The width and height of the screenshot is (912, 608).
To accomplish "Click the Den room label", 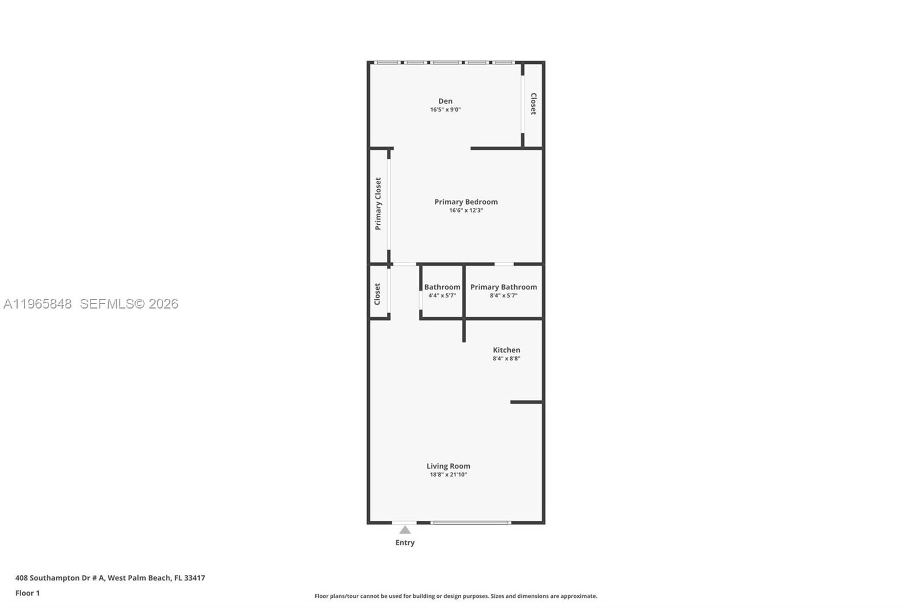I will pos(445,101).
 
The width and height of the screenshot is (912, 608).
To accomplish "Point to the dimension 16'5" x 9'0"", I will pos(445,110).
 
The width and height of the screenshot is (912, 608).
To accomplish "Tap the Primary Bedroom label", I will pos(466,202).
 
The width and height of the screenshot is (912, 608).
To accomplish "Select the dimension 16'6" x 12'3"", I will pos(466,210).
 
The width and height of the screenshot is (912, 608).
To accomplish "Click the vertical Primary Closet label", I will pos(378,204).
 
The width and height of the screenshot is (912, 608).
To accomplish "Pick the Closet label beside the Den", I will pos(534,104).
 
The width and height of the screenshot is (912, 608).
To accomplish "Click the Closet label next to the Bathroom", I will pos(377,294).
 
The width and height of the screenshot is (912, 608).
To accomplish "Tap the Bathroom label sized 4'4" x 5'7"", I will pos(442,287).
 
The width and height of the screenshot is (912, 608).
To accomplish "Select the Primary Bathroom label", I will pos(503,287).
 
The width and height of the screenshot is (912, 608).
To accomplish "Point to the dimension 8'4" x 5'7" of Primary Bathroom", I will pos(503,295).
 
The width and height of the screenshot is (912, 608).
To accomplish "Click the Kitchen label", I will pos(506,350).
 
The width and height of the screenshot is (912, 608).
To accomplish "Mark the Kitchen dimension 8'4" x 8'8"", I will pos(506,359).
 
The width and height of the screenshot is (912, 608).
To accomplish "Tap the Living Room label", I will pos(448,466).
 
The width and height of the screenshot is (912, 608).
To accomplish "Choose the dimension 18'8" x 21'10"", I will pos(448,475).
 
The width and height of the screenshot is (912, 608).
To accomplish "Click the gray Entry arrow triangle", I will pos(405,530).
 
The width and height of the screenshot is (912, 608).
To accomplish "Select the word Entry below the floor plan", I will pos(405,542).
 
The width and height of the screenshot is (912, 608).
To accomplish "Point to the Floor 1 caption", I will pos(27,593).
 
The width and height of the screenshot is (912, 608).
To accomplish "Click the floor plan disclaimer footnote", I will pos(455,596).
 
